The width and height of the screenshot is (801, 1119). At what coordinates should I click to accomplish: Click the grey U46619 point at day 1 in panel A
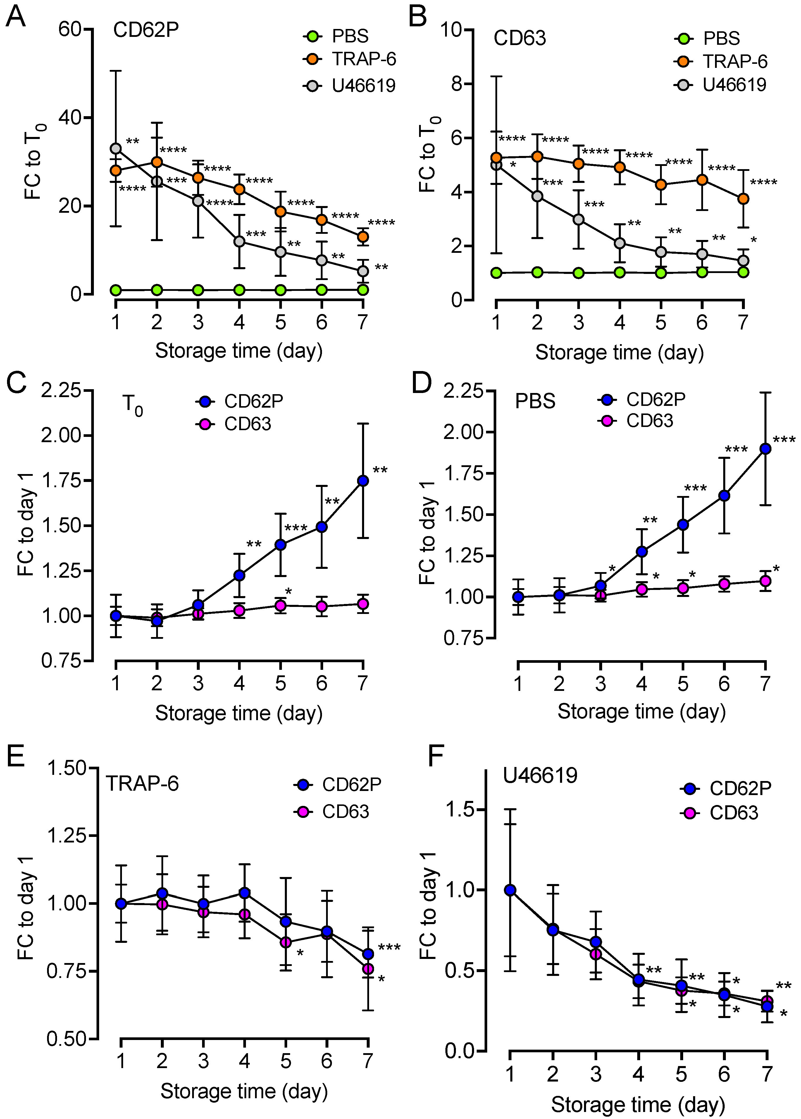coord(116,149)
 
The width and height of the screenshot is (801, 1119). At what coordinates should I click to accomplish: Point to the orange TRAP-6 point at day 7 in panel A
coord(363,237)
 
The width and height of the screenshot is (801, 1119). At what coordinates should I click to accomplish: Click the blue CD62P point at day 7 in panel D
coord(766,449)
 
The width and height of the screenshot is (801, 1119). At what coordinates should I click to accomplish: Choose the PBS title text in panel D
coord(535,401)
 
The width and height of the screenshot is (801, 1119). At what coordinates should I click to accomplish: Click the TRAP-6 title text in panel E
coord(142,783)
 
